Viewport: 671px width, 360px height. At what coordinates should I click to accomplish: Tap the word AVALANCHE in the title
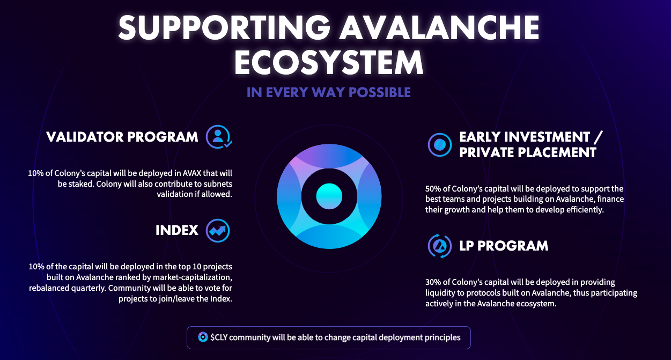439,27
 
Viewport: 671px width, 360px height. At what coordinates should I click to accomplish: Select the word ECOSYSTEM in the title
329,62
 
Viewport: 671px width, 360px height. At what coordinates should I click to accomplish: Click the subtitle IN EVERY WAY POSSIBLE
329,92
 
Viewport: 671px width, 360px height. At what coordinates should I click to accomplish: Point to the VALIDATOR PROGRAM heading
122,137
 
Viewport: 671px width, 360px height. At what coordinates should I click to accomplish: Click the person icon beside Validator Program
219,137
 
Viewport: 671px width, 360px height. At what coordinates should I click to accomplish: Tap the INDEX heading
177,231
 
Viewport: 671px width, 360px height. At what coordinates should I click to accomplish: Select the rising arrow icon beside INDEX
218,231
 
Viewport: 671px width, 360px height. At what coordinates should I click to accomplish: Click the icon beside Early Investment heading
439,145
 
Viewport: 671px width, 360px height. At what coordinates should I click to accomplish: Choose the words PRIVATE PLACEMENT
528,152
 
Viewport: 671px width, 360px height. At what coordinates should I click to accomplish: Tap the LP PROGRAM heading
504,246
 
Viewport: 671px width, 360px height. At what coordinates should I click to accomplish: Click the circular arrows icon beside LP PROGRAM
439,246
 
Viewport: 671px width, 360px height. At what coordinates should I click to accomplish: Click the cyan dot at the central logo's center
329,196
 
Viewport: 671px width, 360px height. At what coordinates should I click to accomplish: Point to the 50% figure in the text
433,189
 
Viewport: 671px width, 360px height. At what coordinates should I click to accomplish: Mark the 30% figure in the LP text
433,282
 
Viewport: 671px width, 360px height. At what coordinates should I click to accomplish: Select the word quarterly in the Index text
89,288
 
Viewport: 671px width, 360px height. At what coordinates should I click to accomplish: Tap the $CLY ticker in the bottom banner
219,337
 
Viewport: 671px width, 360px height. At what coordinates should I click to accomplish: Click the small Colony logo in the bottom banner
203,337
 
